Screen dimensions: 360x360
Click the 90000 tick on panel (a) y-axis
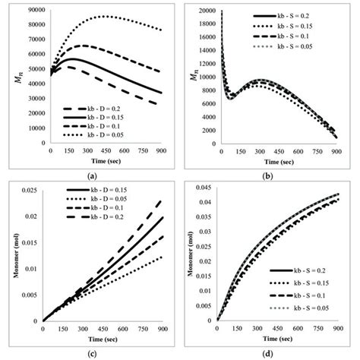point(33,10)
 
